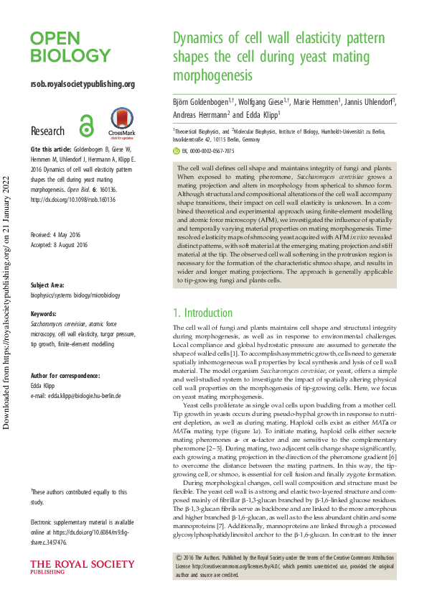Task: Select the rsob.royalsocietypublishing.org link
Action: tap(72, 84)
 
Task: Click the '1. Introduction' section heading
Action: tap(203, 313)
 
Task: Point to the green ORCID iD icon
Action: tap(179, 152)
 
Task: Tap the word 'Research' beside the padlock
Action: tap(47, 131)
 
